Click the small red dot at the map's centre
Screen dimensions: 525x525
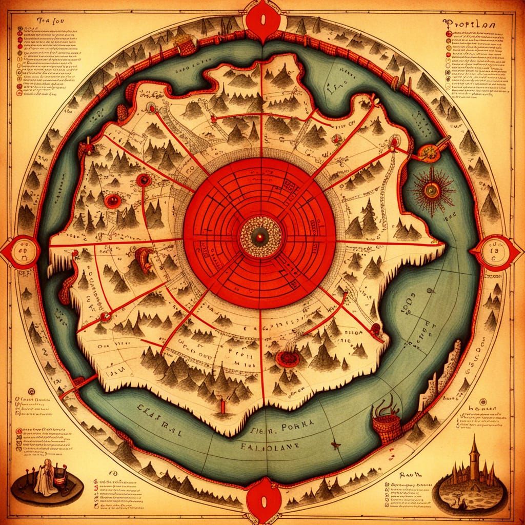pos(260,236)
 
